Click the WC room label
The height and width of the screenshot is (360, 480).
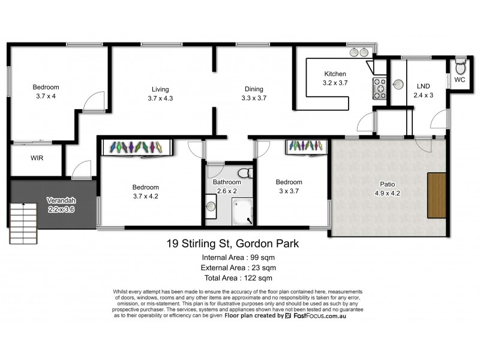point(460,79)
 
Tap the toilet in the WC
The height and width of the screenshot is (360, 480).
point(460,64)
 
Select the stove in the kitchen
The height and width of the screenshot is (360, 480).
point(380,88)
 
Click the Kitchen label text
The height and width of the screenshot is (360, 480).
point(335,74)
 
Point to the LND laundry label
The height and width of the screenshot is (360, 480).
point(424,86)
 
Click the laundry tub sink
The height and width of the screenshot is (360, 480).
point(397,85)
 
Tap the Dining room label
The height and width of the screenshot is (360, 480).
point(254,89)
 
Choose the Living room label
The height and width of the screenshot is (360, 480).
point(160,89)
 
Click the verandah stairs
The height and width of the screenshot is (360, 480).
point(23,221)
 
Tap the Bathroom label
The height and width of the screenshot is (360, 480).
point(227,182)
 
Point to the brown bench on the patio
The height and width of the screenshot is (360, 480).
point(437,195)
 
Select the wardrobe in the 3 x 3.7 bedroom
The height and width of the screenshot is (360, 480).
point(307,146)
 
